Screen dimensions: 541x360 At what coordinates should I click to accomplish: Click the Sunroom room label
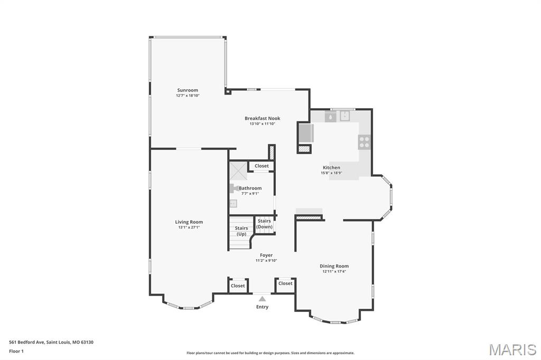[188, 90]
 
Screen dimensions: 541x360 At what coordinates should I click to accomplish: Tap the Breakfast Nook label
[263, 118]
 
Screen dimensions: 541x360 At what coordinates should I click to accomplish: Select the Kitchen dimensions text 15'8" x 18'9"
[332, 173]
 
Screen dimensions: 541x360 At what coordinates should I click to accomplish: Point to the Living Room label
[189, 222]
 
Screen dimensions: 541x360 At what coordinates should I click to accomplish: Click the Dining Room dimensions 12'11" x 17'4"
[334, 271]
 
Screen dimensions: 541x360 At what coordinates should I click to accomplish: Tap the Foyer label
[266, 255]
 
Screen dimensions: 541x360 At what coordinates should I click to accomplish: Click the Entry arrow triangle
[263, 299]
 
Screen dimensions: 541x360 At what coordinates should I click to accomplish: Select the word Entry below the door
[262, 307]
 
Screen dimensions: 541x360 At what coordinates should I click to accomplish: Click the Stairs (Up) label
[241, 231]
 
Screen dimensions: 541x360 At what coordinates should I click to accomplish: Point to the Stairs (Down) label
[264, 224]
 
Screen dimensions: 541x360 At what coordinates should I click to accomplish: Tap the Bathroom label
[250, 188]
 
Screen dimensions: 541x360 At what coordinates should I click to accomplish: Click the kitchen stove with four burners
[365, 142]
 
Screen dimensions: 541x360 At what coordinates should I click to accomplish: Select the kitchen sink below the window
[344, 116]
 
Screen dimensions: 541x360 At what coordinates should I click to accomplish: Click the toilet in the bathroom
[234, 188]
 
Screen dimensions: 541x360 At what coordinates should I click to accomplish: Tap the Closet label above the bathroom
[262, 166]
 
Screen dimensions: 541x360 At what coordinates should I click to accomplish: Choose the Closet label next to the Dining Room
[285, 283]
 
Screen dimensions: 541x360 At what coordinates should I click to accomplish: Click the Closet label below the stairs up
[238, 286]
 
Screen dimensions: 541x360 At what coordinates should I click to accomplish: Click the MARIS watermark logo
[512, 349]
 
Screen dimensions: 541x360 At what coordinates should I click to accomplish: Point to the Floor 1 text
[16, 352]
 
